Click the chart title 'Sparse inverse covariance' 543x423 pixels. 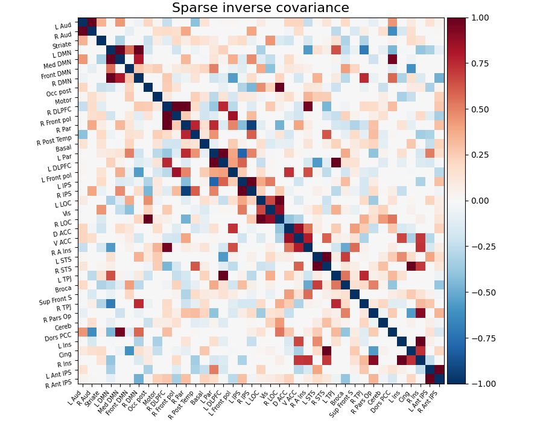(x=261, y=8)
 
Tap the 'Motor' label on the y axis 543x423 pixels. (x=64, y=100)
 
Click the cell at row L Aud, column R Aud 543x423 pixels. (x=92, y=22)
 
